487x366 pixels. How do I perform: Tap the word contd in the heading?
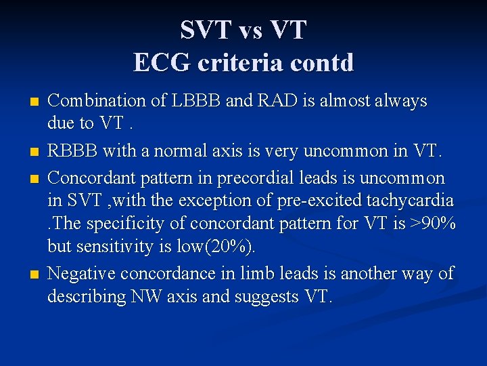[x=323, y=62]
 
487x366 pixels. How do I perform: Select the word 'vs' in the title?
[x=243, y=30]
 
